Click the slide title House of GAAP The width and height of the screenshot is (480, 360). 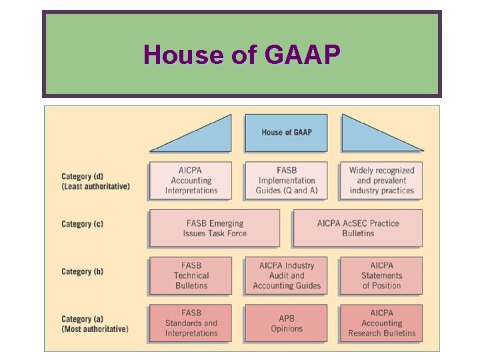click(241, 54)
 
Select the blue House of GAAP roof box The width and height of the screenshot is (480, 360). click(286, 132)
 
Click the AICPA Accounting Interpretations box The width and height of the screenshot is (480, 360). click(191, 180)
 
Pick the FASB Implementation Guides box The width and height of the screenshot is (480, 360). click(286, 180)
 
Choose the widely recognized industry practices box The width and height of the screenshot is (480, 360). click(381, 180)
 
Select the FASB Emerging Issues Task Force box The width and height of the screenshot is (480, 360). click(215, 228)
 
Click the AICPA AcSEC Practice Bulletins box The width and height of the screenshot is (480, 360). click(358, 228)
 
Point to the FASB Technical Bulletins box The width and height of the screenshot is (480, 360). click(191, 275)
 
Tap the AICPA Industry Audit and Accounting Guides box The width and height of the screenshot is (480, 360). click(286, 275)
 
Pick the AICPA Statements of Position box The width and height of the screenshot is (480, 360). click(381, 275)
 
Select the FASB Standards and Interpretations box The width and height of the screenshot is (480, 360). click(191, 323)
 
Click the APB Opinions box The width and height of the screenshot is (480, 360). click(286, 323)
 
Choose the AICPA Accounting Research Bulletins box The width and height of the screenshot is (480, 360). click(381, 323)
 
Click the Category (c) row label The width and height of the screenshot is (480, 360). click(82, 224)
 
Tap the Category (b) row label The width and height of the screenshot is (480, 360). click(82, 271)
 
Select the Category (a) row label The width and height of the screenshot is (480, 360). click(82, 319)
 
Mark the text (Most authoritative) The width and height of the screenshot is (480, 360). click(95, 329)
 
